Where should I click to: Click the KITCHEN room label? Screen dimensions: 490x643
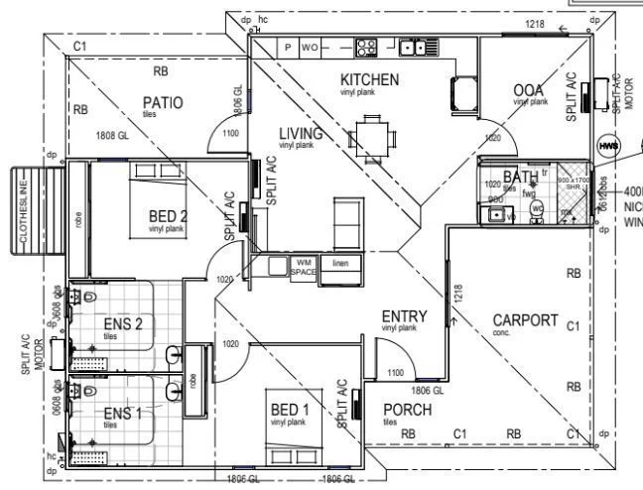[x=369, y=79]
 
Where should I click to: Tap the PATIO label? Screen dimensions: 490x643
[x=162, y=102]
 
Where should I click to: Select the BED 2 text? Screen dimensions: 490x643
[x=169, y=215]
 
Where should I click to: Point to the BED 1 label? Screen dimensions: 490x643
[x=291, y=409]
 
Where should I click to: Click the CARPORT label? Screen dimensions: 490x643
[x=525, y=320]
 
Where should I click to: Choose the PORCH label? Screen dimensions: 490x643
[x=407, y=410]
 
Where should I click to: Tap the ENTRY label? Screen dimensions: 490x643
[x=404, y=316]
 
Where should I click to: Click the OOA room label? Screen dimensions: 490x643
[x=528, y=91]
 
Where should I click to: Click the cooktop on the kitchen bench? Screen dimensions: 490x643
[x=366, y=46]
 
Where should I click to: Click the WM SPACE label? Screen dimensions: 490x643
[x=303, y=266]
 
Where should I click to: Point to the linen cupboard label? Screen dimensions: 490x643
[x=340, y=263]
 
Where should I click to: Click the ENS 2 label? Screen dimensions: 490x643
[x=124, y=322]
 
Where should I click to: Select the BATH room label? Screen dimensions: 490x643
[x=529, y=177]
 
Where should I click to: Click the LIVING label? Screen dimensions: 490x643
[x=300, y=134]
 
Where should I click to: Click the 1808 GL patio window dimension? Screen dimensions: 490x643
[x=112, y=135]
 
